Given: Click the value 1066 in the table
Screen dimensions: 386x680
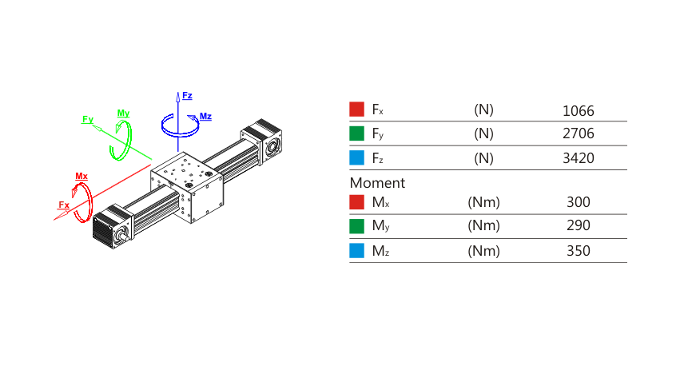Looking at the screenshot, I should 578,111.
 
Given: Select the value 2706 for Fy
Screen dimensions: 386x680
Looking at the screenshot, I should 578,134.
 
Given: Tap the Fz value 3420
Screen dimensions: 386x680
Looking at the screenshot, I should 578,158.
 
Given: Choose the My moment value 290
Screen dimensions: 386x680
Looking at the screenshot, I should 578,226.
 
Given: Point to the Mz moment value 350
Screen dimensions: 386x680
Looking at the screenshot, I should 578,251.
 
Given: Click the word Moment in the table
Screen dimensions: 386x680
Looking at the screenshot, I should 377,183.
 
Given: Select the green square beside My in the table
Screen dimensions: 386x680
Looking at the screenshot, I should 357,226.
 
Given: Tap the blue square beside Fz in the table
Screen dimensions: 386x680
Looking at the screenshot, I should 357,158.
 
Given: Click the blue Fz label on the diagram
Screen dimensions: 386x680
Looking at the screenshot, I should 187,96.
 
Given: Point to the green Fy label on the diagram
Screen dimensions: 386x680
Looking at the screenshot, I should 88,120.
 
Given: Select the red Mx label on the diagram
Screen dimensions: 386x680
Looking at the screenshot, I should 82,176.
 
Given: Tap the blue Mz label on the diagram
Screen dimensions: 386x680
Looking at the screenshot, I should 205,117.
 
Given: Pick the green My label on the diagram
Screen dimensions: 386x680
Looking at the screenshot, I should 123,113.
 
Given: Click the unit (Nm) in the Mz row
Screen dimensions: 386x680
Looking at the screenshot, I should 483,251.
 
